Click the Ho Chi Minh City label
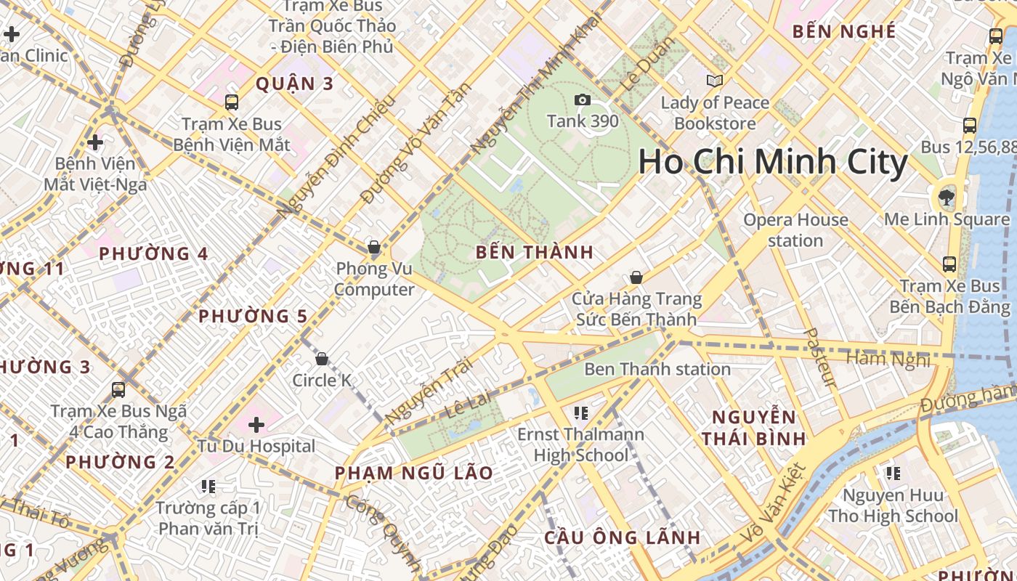tap(773, 162)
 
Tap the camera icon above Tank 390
tap(582, 100)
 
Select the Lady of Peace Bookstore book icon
tap(715, 81)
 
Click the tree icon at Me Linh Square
tap(946, 195)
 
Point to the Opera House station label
tap(795, 229)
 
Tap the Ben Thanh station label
tap(657, 369)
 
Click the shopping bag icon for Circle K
tap(322, 359)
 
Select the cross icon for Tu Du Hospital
tap(256, 424)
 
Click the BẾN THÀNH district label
tap(535, 253)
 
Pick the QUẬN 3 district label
tap(294, 84)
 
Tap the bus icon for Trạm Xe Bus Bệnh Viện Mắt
tap(232, 102)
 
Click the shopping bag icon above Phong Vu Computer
tap(374, 248)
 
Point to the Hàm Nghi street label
tap(888, 358)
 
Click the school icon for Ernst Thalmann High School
tap(580, 413)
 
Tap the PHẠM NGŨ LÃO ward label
tap(413, 474)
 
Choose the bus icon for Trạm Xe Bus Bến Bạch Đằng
tap(949, 264)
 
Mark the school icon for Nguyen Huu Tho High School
tap(893, 474)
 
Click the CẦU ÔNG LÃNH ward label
tap(623, 538)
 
